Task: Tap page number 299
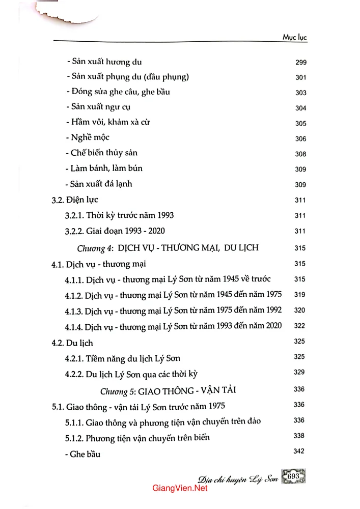300,64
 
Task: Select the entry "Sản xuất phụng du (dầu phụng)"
128,77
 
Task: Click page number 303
300,93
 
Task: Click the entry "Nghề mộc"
88,138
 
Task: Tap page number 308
300,154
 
